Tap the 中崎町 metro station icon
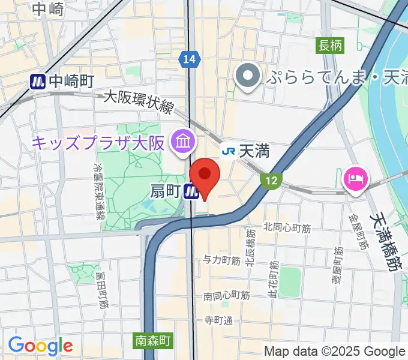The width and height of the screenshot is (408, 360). pyautogui.click(x=38, y=81)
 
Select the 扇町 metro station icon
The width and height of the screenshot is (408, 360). pyautogui.click(x=192, y=191)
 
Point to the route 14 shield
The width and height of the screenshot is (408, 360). pyautogui.click(x=189, y=59)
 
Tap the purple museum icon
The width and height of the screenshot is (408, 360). pyautogui.click(x=181, y=142)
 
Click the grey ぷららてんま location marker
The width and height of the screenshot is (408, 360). pyautogui.click(x=247, y=76)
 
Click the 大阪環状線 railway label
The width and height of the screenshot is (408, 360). pyautogui.click(x=139, y=102)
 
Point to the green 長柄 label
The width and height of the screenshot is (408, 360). pyautogui.click(x=330, y=46)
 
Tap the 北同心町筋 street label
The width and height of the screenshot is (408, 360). pyautogui.click(x=287, y=228)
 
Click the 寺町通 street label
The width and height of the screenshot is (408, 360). pyautogui.click(x=218, y=320)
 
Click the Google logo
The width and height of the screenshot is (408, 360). pyautogui.click(x=40, y=345)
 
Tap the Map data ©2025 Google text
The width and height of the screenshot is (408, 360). pyautogui.click(x=335, y=352)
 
